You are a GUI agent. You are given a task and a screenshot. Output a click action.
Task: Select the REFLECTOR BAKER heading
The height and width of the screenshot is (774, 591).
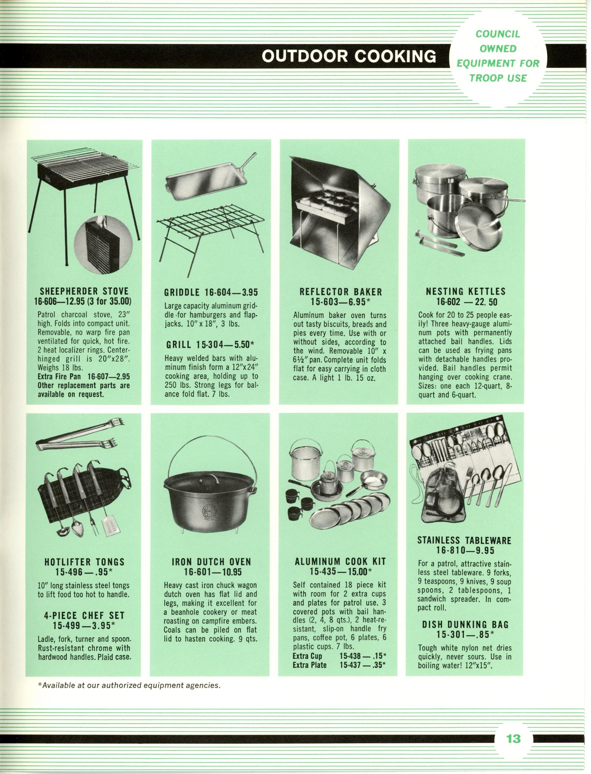coord(340,292)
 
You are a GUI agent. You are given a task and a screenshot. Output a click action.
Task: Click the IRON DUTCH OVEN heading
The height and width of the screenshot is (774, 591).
coord(211,562)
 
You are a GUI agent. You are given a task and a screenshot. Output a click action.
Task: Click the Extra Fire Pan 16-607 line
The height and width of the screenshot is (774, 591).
coord(84,377)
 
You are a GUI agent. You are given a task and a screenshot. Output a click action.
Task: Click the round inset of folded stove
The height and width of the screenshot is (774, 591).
coord(103,245)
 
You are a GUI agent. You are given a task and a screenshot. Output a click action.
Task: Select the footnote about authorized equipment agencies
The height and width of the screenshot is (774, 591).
coord(129,685)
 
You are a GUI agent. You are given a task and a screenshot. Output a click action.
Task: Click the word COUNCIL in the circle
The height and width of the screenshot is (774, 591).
coord(497,34)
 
